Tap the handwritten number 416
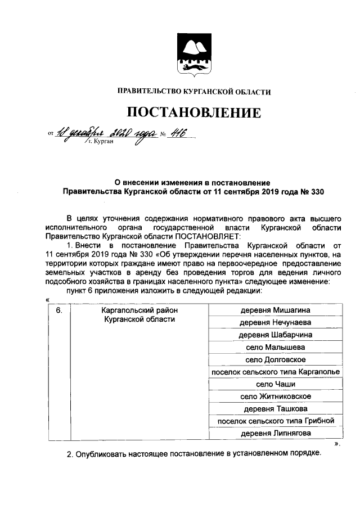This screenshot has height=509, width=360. coord(175,133)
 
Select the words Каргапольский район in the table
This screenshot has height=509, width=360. coord(138,310)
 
